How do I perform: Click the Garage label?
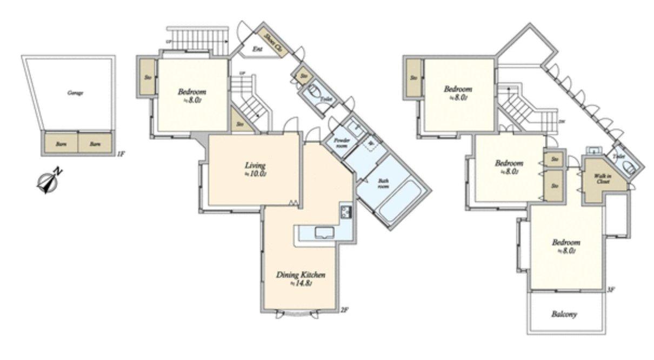[x=75, y=92]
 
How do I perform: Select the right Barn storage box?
[x=95, y=144]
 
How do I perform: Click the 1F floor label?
[x=121, y=154]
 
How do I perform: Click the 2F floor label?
[x=344, y=310]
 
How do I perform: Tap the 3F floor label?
[x=611, y=289]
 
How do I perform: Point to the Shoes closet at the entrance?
[x=275, y=41]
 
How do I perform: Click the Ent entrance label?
[x=257, y=49]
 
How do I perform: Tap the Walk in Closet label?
[x=603, y=179]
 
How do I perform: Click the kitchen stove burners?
[x=346, y=211]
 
